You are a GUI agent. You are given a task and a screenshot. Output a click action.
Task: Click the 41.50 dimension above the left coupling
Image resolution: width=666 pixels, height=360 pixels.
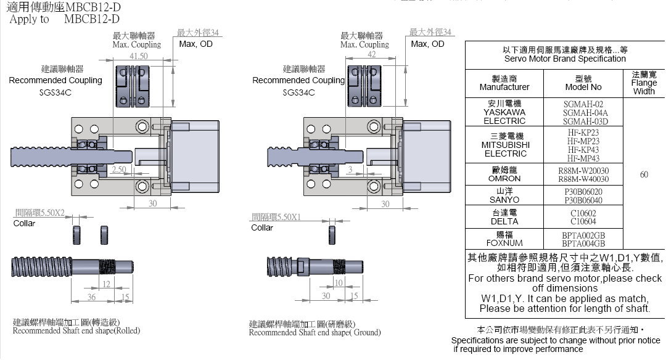pyautogui.click(x=139, y=56)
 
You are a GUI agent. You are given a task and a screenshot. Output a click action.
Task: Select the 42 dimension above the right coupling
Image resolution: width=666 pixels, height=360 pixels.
pyautogui.click(x=371, y=55)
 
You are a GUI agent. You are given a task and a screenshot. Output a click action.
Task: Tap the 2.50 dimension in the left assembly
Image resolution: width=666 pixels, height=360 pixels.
pyautogui.click(x=119, y=169)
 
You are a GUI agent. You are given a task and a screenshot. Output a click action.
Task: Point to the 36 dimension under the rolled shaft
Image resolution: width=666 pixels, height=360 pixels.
pyautogui.click(x=91, y=297)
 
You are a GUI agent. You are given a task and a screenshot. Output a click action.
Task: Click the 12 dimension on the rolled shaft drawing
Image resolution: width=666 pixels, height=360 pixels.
pyautogui.click(x=106, y=284)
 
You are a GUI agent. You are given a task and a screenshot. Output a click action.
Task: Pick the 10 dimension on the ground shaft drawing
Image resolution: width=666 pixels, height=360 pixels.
pyautogui.click(x=339, y=283)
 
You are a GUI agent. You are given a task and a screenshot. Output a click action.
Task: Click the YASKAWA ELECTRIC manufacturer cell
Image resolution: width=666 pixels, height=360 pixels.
pyautogui.click(x=504, y=112)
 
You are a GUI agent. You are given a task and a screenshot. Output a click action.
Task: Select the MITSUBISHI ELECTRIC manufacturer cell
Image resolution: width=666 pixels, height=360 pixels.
pyautogui.click(x=505, y=145)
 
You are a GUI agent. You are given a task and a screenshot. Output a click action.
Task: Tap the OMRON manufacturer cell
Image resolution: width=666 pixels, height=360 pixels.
pyautogui.click(x=504, y=174)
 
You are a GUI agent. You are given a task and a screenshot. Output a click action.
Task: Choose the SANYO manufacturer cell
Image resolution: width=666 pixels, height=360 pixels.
pyautogui.click(x=504, y=196)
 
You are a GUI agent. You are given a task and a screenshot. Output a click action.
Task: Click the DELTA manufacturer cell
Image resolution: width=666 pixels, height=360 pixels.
pyautogui.click(x=504, y=217)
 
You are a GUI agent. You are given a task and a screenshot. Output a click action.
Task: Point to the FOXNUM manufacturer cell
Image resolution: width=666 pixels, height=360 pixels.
pyautogui.click(x=504, y=239)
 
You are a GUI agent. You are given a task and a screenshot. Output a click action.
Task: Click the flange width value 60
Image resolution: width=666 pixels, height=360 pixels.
pyautogui.click(x=644, y=174)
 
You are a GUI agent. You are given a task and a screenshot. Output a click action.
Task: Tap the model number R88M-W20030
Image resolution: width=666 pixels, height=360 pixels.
pyautogui.click(x=583, y=170)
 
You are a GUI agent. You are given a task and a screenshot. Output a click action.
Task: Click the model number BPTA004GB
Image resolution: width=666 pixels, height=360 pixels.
pyautogui.click(x=583, y=243)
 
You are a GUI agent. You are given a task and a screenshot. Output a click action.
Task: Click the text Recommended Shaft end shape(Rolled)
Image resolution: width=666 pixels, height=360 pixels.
pyautogui.click(x=76, y=330)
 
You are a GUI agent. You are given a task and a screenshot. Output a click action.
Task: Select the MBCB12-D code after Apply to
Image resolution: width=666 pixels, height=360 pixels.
pyautogui.click(x=91, y=19)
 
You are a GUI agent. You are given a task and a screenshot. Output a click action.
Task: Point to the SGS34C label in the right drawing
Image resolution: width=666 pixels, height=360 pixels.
pyautogui.click(x=298, y=93)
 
